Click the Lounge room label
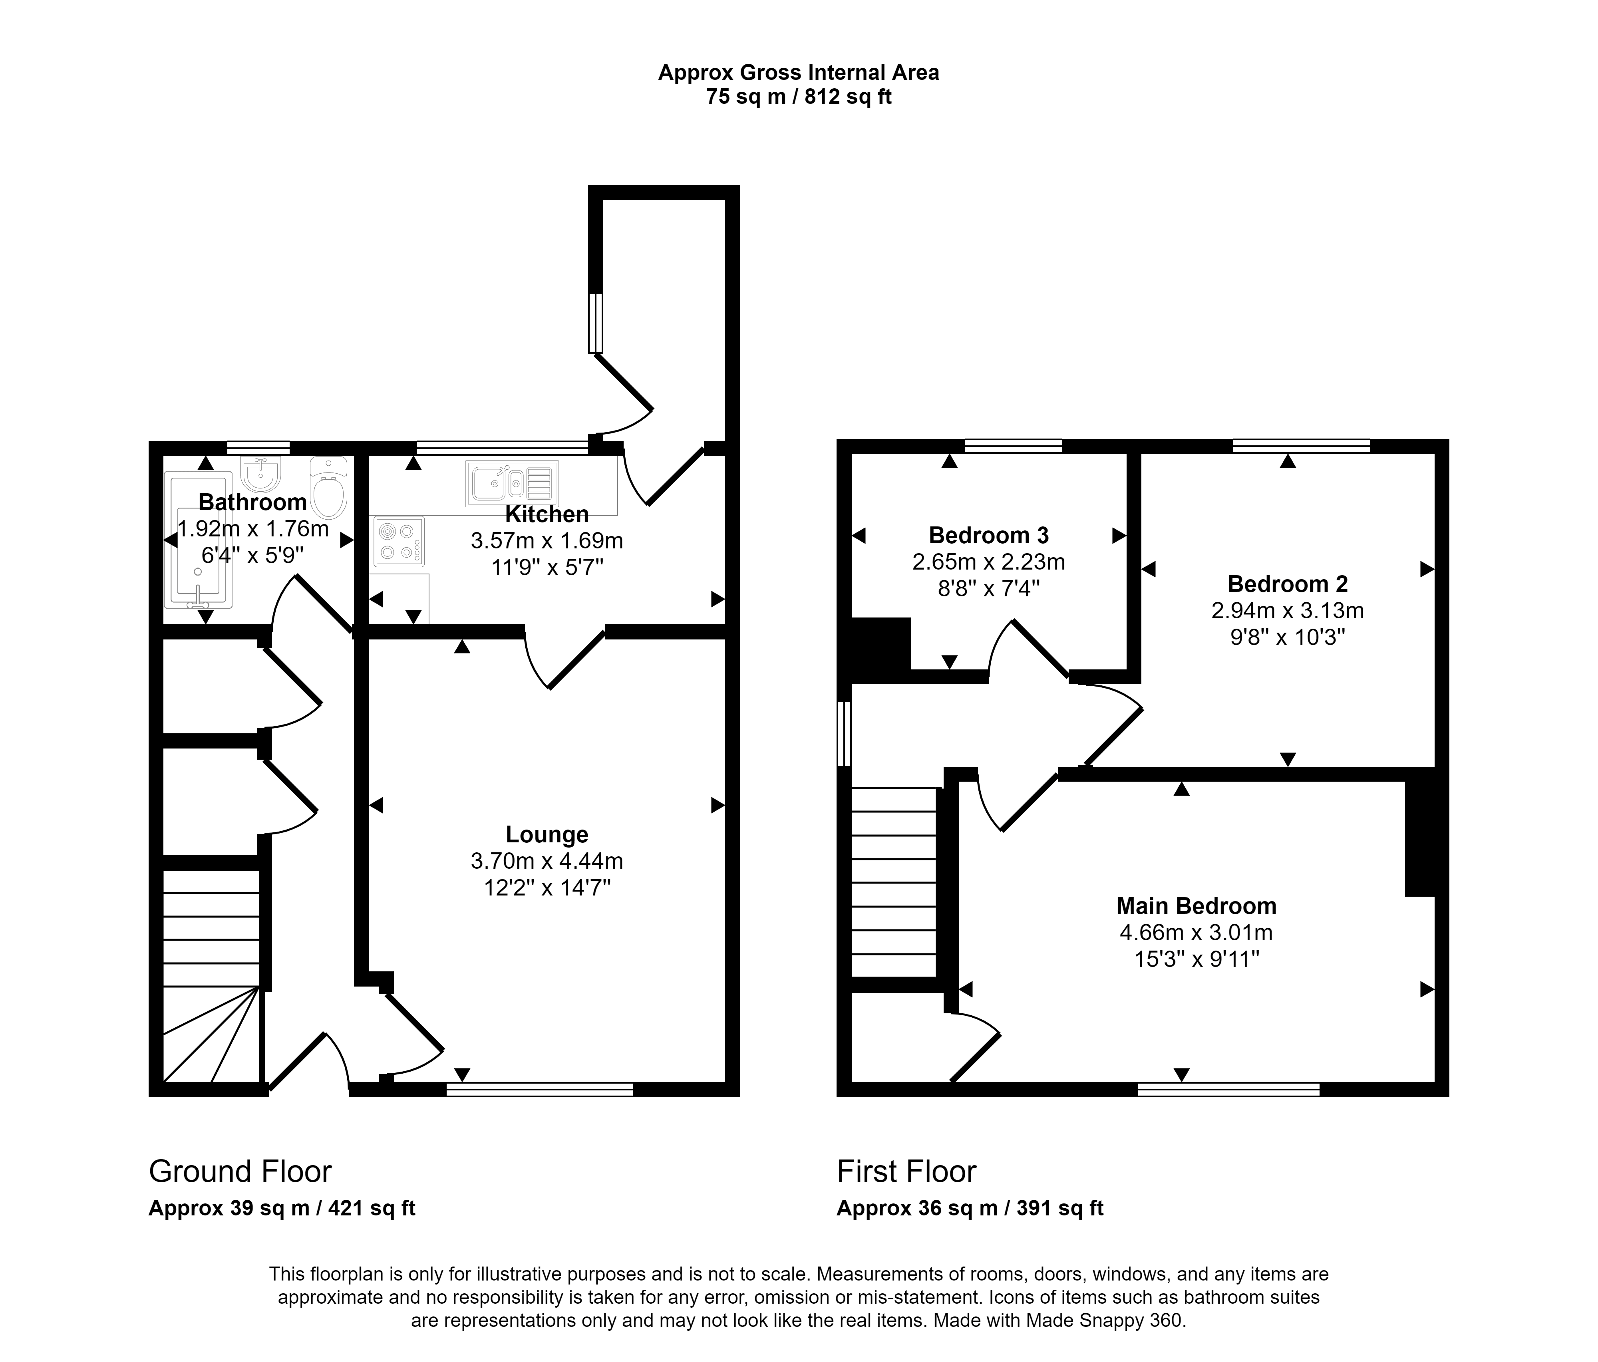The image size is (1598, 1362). click(x=547, y=834)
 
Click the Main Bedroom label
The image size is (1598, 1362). click(x=1196, y=905)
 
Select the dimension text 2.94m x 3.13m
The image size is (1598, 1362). click(x=1287, y=611)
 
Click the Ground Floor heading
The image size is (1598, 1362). click(x=240, y=1171)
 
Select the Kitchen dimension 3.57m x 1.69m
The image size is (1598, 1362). click(x=547, y=541)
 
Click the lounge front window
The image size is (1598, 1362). click(x=539, y=1089)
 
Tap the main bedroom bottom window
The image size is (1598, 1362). click(x=1228, y=1089)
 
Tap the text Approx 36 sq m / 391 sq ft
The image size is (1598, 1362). click(x=970, y=1209)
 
